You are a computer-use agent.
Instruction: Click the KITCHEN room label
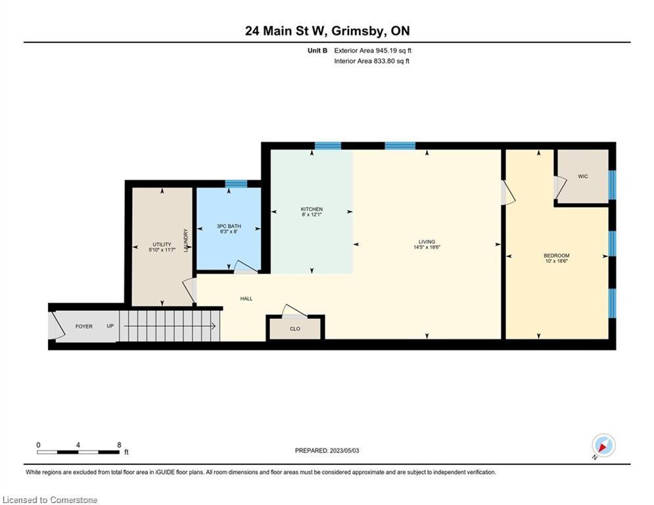tap(312, 209)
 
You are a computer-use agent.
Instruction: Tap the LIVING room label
tap(427, 241)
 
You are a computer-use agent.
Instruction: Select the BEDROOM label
tap(557, 255)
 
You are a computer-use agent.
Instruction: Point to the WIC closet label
tap(582, 176)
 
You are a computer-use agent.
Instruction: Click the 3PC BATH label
tap(229, 226)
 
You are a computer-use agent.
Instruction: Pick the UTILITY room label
tap(162, 245)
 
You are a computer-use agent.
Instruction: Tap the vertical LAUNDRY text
tap(185, 240)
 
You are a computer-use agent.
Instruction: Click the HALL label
tap(246, 299)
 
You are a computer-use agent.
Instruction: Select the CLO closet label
tap(295, 329)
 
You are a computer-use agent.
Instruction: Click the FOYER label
tap(84, 326)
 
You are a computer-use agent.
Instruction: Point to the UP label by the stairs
tap(110, 326)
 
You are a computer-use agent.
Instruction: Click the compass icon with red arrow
tap(603, 446)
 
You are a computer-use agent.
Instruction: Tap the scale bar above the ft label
tap(78, 452)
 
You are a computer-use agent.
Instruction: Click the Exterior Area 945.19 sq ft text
tap(373, 51)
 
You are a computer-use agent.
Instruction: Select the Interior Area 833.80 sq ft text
tap(371, 61)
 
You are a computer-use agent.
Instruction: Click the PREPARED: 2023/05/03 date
tap(327, 450)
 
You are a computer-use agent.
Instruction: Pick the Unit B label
tap(317, 51)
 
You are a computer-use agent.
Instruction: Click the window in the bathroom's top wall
tap(236, 183)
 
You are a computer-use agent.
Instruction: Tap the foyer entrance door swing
tap(57, 325)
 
